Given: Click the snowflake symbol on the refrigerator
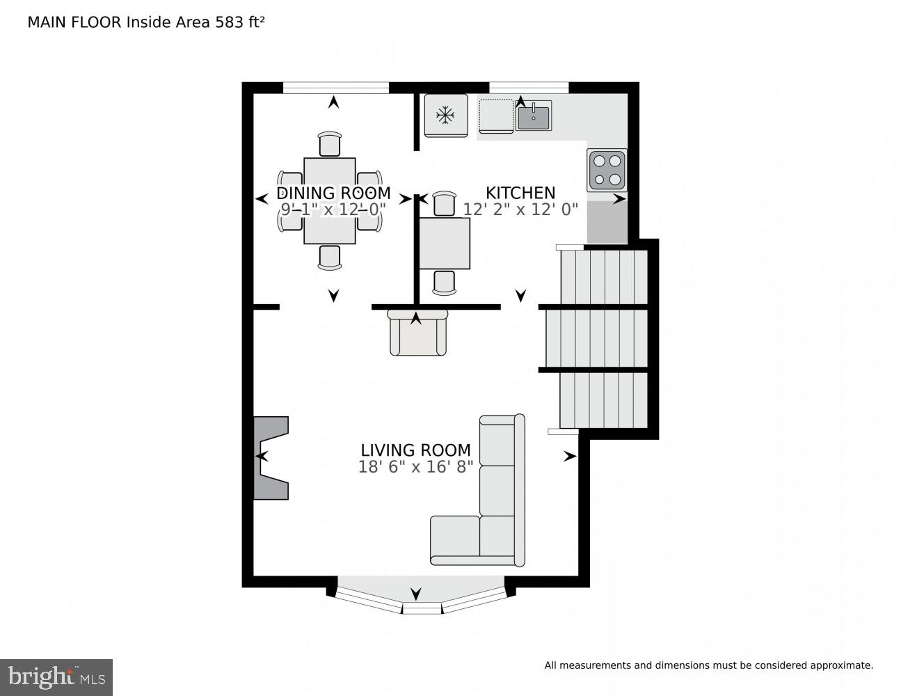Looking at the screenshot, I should tap(445, 115).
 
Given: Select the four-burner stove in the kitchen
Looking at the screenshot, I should tap(607, 170).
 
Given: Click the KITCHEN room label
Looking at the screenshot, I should tap(520, 193).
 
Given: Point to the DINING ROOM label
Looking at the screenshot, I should tap(333, 193).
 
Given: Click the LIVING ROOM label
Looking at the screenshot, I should tap(415, 450).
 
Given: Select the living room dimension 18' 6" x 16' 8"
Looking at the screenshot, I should tap(415, 467).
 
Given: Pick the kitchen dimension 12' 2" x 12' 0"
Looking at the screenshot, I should tap(520, 209).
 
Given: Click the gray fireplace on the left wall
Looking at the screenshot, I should tap(270, 457).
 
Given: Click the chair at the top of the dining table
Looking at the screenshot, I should tap(330, 144).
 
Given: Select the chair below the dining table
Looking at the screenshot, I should tap(330, 257).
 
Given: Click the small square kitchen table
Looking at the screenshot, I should tap(445, 243).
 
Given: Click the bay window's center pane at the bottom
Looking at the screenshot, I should tap(422, 608).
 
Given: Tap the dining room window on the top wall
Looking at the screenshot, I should tap(335, 88).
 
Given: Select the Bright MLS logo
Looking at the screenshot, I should tap(56, 677).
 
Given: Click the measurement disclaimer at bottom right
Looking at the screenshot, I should tap(708, 665).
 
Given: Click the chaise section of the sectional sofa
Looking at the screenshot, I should tap(455, 540).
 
